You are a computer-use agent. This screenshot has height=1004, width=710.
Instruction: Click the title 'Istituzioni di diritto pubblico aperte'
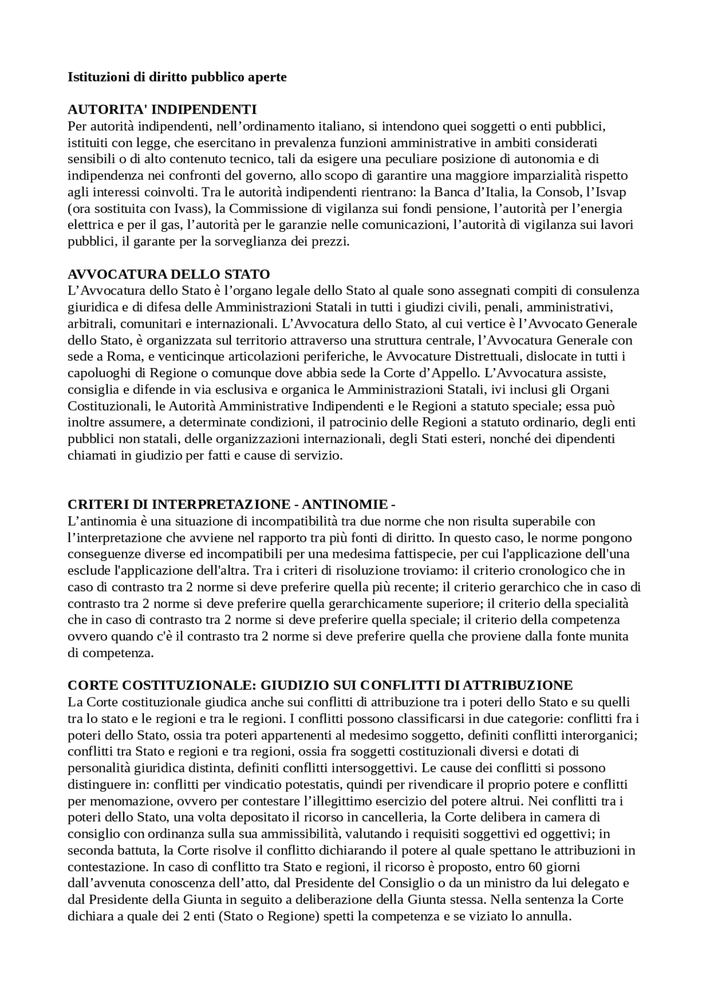pos(177,77)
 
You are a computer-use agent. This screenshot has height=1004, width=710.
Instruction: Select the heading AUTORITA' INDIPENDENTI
pos(162,110)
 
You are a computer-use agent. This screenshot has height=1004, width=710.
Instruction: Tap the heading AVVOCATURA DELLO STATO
pos(169,274)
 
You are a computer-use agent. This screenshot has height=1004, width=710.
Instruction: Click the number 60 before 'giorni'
pos(529,867)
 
